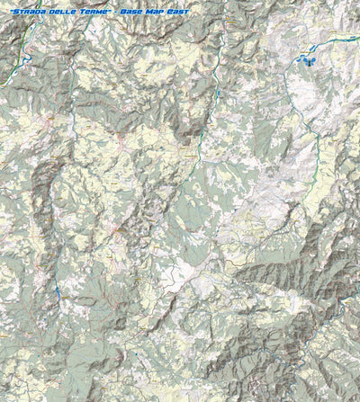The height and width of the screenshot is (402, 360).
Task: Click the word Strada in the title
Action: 21,11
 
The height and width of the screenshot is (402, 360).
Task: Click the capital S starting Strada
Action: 9,11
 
